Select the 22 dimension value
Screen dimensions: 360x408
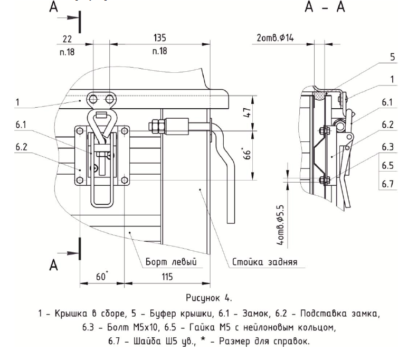tap(66, 39)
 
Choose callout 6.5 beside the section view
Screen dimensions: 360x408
tap(388, 166)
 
